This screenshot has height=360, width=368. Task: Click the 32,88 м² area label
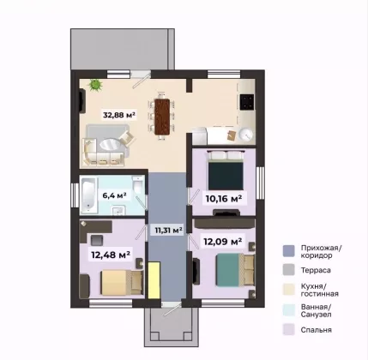pyautogui.click(x=119, y=115)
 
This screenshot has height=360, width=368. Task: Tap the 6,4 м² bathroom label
pyautogui.click(x=114, y=195)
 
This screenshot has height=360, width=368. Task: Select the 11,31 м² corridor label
pyautogui.click(x=169, y=230)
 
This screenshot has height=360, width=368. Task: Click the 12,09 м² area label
pyautogui.click(x=223, y=242)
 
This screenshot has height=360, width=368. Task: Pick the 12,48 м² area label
pyautogui.click(x=111, y=255)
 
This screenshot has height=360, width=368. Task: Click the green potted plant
pyautogui.click(x=95, y=85)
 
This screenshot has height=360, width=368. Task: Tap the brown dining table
pyautogui.click(x=162, y=117)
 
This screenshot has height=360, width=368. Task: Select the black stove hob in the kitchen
pyautogui.click(x=247, y=102)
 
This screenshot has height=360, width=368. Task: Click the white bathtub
pyautogui.click(x=88, y=195)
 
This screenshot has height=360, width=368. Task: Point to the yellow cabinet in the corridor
pyautogui.click(x=154, y=280)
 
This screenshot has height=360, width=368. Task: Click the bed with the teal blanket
pyautogui.click(x=235, y=270)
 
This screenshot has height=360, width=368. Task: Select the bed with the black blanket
pyautogui.click(x=226, y=171)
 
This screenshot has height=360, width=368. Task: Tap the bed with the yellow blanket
pyautogui.click(x=122, y=283)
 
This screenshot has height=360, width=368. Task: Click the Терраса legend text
pyautogui.click(x=316, y=270)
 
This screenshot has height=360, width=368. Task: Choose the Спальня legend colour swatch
pyautogui.click(x=288, y=329)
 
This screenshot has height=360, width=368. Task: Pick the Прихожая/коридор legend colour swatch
pyautogui.click(x=288, y=251)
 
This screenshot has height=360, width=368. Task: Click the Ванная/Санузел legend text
pyautogui.click(x=316, y=311)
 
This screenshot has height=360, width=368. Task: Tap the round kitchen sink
pyautogui.click(x=246, y=135)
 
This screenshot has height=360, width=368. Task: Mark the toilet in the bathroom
pyautogui.click(x=137, y=184)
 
